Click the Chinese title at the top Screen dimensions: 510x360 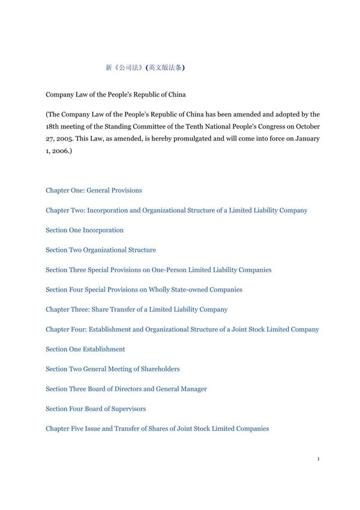[x=145, y=68]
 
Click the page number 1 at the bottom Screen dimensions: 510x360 [x=318, y=459]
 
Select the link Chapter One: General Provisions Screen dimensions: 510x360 [x=94, y=190]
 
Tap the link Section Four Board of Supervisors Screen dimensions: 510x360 [x=95, y=409]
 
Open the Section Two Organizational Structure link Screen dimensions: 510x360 [x=101, y=250]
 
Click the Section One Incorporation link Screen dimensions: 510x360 [x=85, y=230]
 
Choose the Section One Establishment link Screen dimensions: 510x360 [x=85, y=349]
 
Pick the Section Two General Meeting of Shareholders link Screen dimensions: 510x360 [x=112, y=369]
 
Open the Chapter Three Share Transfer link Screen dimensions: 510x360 [x=136, y=310]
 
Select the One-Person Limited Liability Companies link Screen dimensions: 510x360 [x=158, y=270]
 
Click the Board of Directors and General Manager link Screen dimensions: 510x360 [x=126, y=389]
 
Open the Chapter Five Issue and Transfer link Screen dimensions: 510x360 [x=157, y=428]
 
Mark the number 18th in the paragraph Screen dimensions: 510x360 [x=52, y=127]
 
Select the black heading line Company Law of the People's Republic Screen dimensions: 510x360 [x=116, y=94]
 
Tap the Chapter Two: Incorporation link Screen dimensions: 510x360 [x=176, y=210]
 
